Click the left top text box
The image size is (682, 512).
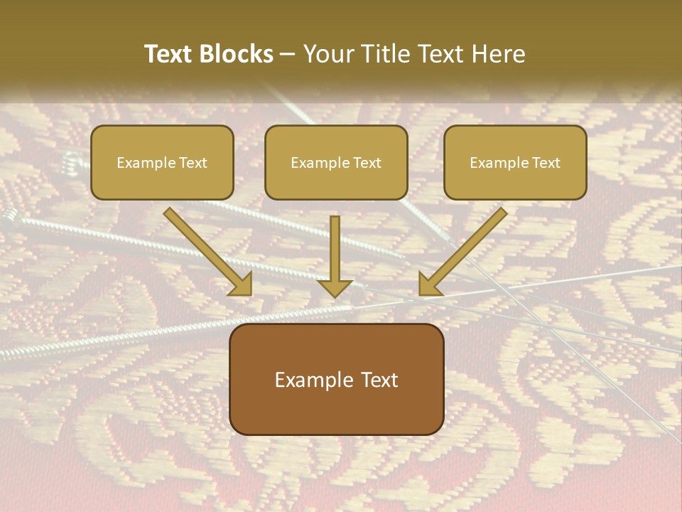(162, 162)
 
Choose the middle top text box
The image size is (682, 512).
(336, 162)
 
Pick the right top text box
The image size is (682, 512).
(515, 162)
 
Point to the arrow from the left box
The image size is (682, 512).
(206, 250)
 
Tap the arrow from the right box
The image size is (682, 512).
(465, 250)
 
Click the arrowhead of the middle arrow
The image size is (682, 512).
(335, 287)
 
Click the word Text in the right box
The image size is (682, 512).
(546, 163)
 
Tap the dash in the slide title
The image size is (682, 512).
(288, 55)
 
